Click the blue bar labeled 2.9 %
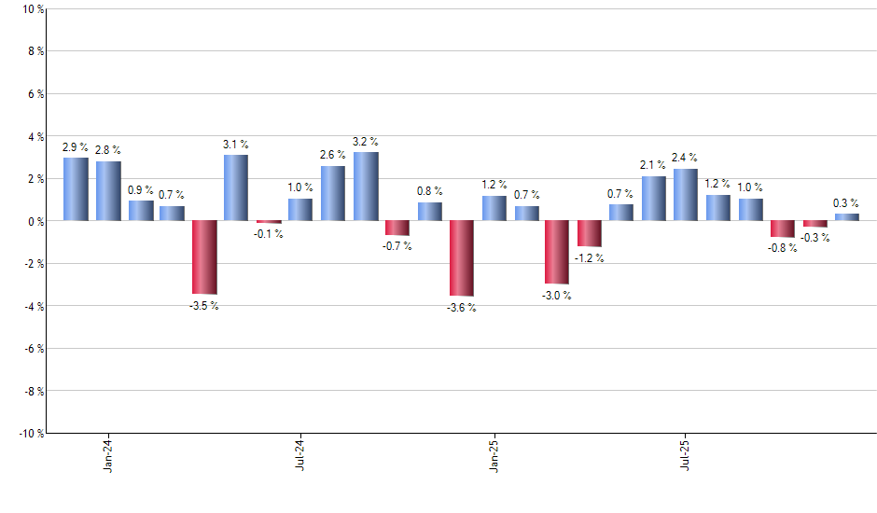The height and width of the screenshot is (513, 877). (76, 189)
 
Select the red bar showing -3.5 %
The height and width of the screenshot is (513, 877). (204, 257)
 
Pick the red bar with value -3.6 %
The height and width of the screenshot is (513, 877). (462, 258)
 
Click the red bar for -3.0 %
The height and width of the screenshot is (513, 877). (557, 252)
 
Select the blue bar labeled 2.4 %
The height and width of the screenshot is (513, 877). (685, 195)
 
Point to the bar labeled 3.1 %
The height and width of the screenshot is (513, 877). (236, 187)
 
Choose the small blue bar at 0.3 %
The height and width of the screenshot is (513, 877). (846, 217)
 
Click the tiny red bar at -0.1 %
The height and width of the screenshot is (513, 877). (269, 222)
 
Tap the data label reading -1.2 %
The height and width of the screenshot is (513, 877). (589, 258)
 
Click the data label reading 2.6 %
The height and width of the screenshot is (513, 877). (333, 155)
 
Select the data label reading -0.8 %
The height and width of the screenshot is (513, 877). (782, 249)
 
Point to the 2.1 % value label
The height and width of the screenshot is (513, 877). (653, 165)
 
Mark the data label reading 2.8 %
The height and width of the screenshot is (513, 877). (108, 150)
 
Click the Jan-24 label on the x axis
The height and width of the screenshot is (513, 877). (108, 454)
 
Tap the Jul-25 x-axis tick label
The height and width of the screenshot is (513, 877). (686, 454)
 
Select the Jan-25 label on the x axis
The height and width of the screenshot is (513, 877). (494, 454)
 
